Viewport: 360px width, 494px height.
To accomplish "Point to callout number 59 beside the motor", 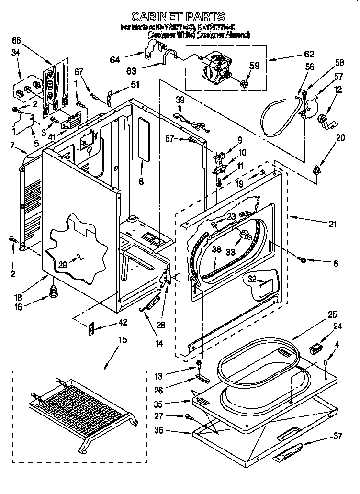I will point(254,66).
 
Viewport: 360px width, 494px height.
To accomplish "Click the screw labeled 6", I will point(302,259).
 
